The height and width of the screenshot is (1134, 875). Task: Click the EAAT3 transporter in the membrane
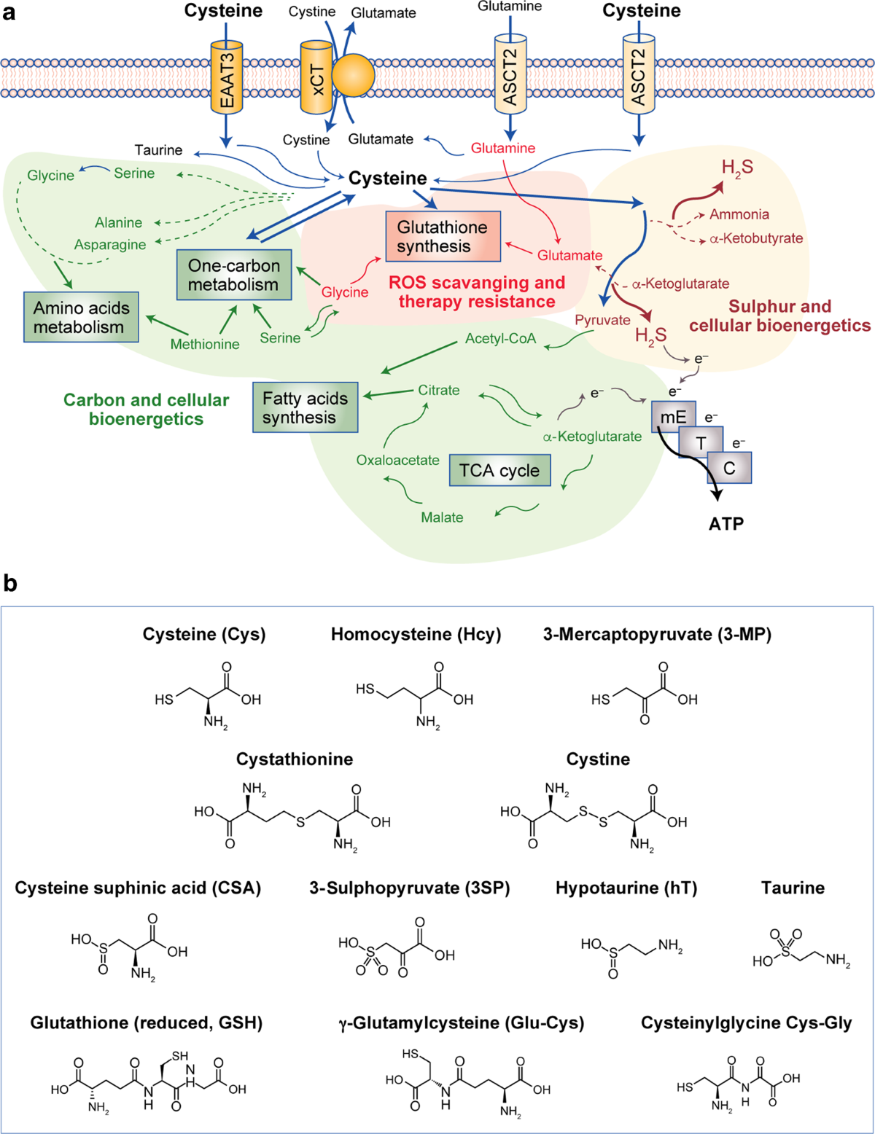227,77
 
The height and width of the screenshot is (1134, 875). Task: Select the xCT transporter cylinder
316,77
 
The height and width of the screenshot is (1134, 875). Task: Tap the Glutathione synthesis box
443,236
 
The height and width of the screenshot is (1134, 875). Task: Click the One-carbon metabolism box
234,275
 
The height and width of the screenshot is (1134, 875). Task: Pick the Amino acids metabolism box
81,317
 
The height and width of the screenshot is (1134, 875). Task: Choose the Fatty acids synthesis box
306,407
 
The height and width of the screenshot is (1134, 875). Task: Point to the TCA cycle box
499,470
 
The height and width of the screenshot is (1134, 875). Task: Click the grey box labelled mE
674,416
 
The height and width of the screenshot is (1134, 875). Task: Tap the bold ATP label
726,523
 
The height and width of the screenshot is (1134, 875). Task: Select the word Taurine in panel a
159,150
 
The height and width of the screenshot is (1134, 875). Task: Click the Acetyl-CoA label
501,339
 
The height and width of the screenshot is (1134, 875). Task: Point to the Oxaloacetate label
398,461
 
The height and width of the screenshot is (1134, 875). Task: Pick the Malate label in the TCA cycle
442,517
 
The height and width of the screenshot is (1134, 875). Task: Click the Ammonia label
739,214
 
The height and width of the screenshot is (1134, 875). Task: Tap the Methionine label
205,345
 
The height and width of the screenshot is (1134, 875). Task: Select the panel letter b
10,584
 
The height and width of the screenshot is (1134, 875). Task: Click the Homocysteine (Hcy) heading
416,634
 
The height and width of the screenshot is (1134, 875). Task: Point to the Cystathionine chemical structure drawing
292,816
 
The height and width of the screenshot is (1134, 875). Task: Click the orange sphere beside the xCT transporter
354,75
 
